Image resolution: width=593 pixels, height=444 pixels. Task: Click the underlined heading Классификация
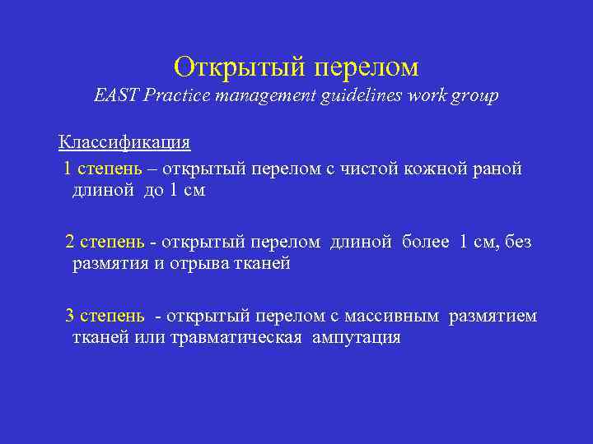tap(124, 142)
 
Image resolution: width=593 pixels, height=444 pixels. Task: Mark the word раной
tap(497, 169)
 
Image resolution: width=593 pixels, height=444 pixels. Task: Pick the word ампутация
tap(356, 338)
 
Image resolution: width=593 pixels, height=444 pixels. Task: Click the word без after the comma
tap(518, 242)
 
